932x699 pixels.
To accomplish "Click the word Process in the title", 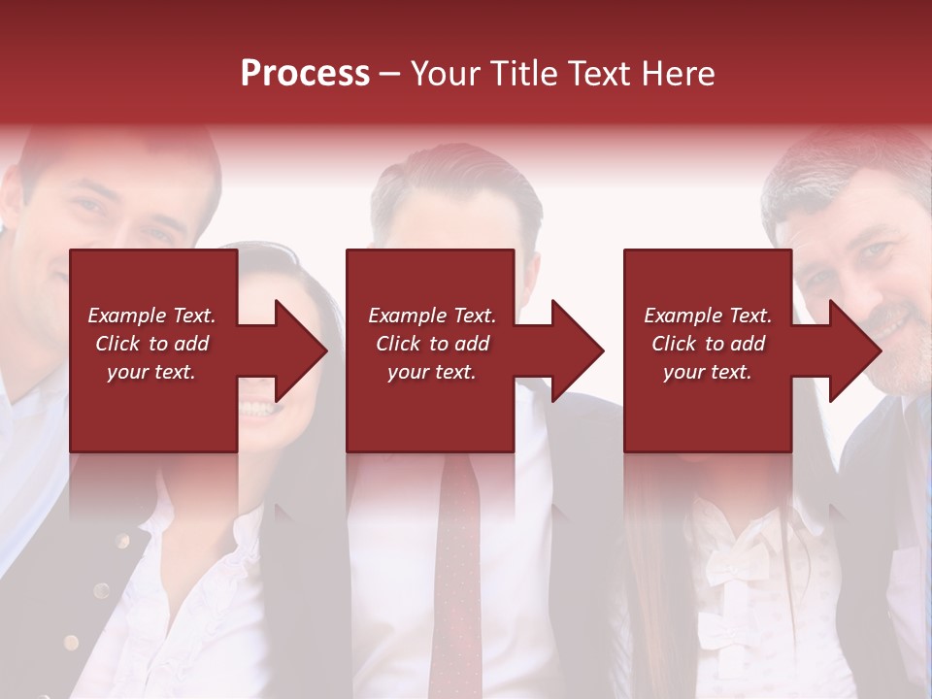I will tap(305, 74).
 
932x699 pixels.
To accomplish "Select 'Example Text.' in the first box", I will tap(151, 316).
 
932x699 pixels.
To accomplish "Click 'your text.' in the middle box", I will tap(431, 372).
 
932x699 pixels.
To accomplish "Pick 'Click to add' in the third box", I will tap(708, 344).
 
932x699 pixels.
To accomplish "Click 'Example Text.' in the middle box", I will tap(431, 316).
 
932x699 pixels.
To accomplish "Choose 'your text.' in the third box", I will tap(708, 372).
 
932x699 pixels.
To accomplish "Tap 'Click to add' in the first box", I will tap(151, 344).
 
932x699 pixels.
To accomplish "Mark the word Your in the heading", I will tap(447, 74).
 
